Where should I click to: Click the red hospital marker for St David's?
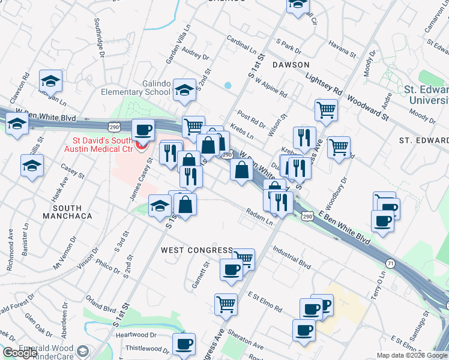[142, 146]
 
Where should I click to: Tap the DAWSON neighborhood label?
[291, 64]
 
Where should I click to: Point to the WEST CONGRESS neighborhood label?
[196, 250]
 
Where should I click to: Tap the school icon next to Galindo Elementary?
[184, 89]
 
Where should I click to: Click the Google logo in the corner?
[20, 353]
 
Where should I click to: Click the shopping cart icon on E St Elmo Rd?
[226, 304]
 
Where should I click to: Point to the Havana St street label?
[343, 49]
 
